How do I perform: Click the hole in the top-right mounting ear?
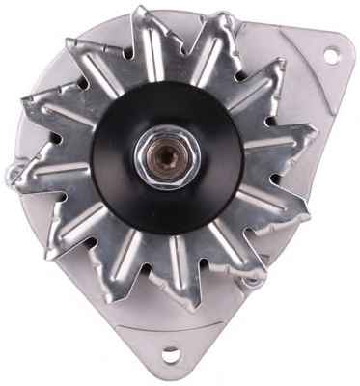331,55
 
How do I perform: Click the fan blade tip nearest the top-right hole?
281,69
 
